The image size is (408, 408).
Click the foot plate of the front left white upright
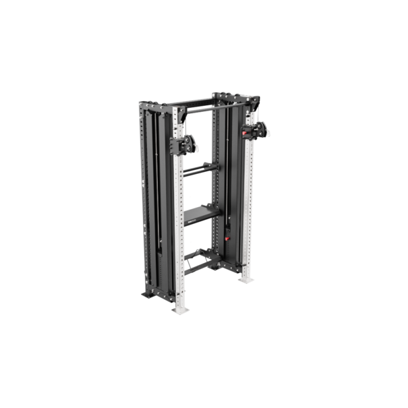pyautogui.click(x=179, y=310)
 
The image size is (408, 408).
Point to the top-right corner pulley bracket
pyautogui.click(x=254, y=101)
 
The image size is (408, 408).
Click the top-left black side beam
pyautogui.click(x=162, y=108)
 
